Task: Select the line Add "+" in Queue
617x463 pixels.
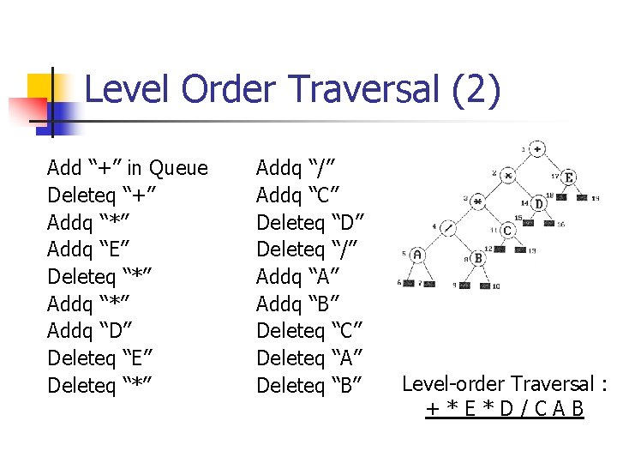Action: click(x=128, y=167)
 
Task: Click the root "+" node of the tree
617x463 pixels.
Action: click(x=536, y=149)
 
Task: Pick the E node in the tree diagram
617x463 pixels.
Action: click(x=569, y=177)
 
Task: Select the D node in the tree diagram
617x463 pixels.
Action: click(x=538, y=204)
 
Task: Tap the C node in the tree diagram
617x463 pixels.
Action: click(x=507, y=231)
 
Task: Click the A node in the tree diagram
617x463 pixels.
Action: click(x=416, y=255)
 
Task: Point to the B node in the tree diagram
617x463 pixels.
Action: click(x=477, y=258)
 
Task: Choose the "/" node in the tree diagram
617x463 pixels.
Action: click(x=447, y=229)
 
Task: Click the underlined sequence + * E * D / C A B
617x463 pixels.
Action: click(x=505, y=409)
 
